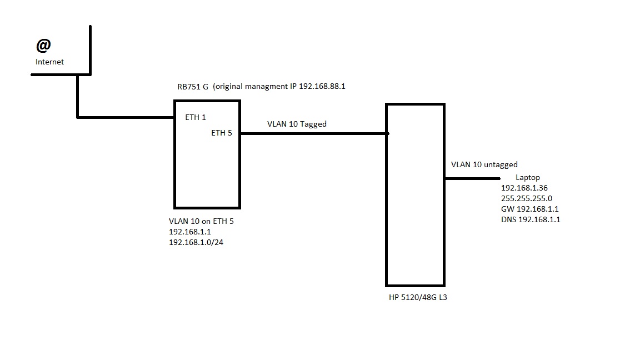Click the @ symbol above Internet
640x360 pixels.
pyautogui.click(x=44, y=45)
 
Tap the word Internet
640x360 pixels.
pyautogui.click(x=49, y=62)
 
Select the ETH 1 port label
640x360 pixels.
pyautogui.click(x=196, y=117)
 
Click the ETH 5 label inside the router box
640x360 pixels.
pyautogui.click(x=222, y=133)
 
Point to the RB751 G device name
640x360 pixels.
pyautogui.click(x=193, y=87)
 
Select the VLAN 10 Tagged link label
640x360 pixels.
pyautogui.click(x=297, y=124)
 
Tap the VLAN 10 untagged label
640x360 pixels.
pyautogui.click(x=484, y=164)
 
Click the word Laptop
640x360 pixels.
pyautogui.click(x=527, y=177)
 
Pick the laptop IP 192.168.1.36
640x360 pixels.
pyautogui.click(x=524, y=188)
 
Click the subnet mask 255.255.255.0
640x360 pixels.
pyautogui.click(x=527, y=198)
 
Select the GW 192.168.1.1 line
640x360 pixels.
pyautogui.click(x=529, y=209)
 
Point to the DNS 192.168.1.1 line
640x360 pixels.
pyautogui.click(x=531, y=219)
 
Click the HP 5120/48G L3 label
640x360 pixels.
pyautogui.click(x=418, y=297)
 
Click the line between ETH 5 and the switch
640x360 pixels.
pyautogui.click(x=314, y=133)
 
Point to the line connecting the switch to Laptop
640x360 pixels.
pyautogui.click(x=472, y=178)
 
